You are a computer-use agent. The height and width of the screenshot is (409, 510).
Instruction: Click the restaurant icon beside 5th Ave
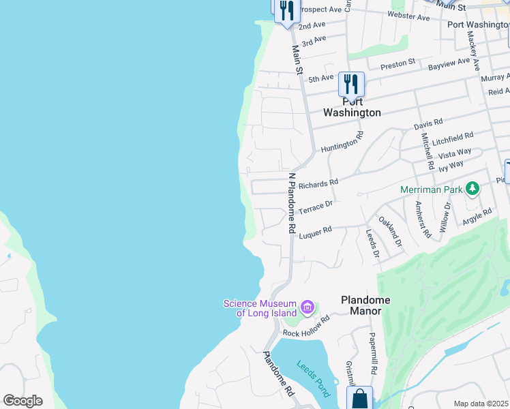click(x=351, y=84)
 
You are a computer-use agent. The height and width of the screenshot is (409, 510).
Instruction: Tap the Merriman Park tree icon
click(x=471, y=188)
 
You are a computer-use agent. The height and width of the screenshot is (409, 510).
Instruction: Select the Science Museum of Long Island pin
click(x=307, y=308)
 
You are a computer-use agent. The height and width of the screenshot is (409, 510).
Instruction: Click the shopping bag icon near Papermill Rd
click(x=359, y=398)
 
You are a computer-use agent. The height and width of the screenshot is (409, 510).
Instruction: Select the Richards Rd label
click(x=318, y=183)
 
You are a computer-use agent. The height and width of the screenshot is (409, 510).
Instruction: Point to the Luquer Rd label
click(x=315, y=232)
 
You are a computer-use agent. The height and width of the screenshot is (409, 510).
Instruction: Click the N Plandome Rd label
click(x=292, y=204)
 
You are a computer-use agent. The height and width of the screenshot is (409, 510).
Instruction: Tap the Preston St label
click(x=397, y=63)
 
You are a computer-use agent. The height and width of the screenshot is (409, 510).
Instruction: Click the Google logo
click(x=22, y=401)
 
